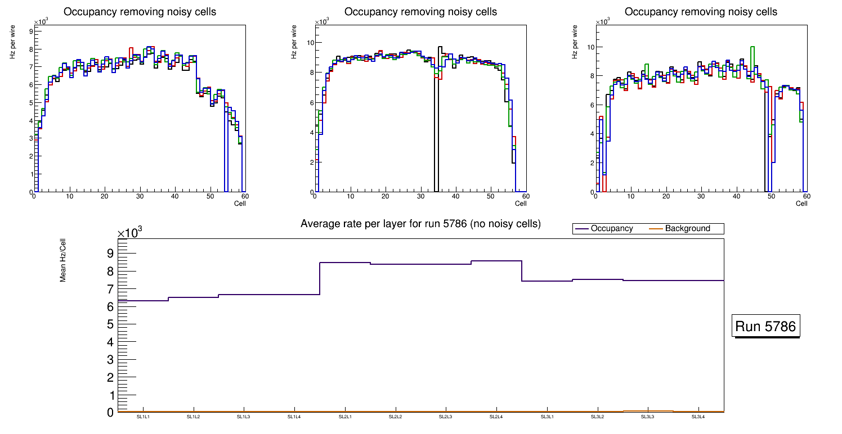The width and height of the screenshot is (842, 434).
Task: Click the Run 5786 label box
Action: pyautogui.click(x=765, y=327)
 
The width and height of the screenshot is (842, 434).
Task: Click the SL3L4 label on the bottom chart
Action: pyautogui.click(x=698, y=417)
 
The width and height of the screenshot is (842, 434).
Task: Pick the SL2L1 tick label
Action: pyautogui.click(x=345, y=417)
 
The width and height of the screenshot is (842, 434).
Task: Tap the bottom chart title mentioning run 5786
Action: pyautogui.click(x=420, y=224)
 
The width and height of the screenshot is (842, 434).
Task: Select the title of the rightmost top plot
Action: pyautogui.click(x=701, y=12)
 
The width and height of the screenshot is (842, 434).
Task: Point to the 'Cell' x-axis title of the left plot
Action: pyautogui.click(x=240, y=204)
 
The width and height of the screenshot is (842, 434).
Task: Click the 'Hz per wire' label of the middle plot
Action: pyautogui.click(x=294, y=42)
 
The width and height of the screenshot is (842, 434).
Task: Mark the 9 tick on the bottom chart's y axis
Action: pyautogui.click(x=110, y=253)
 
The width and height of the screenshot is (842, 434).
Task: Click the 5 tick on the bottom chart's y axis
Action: pyautogui.click(x=110, y=324)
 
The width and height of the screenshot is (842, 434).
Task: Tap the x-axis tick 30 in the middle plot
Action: pyautogui.click(x=420, y=197)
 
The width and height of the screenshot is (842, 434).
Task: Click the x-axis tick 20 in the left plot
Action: pyautogui.click(x=104, y=197)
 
